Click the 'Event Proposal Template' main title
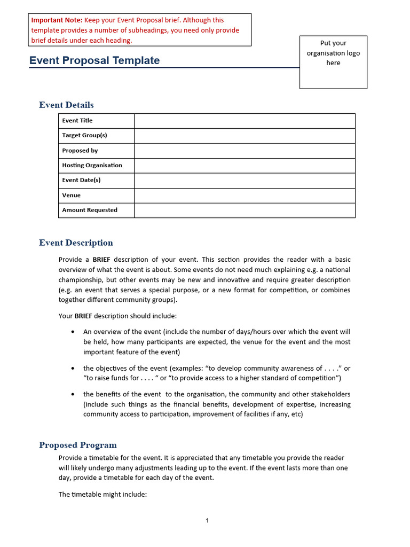(x=94, y=60)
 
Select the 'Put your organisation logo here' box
(x=333, y=61)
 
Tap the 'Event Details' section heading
(x=66, y=105)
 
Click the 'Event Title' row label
(x=77, y=121)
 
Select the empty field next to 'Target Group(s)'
(x=244, y=136)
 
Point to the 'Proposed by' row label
(x=80, y=151)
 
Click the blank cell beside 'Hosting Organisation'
(x=244, y=166)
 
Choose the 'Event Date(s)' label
(x=81, y=180)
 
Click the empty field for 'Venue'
(x=244, y=196)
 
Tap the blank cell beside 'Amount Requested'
(x=244, y=210)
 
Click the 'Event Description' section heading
(x=76, y=243)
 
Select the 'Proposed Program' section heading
(x=78, y=445)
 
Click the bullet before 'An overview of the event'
(x=73, y=332)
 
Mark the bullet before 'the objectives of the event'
(x=73, y=369)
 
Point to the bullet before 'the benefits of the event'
(x=73, y=395)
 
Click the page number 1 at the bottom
(x=207, y=521)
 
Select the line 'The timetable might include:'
(x=102, y=495)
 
